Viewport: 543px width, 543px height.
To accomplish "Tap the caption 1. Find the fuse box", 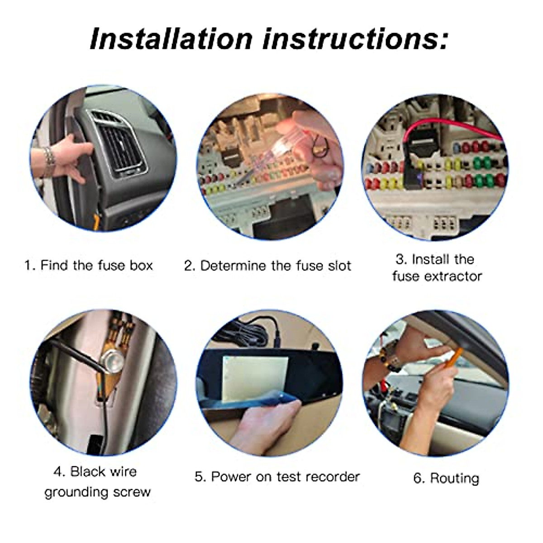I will tap(89, 265).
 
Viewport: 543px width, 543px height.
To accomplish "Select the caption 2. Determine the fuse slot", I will tap(267, 266).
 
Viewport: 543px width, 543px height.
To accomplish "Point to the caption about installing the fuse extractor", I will tap(437, 267).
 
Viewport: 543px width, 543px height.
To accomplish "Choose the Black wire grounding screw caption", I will tap(97, 481).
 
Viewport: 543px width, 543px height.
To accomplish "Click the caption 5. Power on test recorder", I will tap(277, 476).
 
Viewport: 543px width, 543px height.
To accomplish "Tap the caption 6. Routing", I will tap(446, 478).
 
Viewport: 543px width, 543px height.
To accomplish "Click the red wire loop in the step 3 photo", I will tap(452, 127).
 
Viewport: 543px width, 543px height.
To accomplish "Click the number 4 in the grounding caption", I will tap(59, 472).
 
